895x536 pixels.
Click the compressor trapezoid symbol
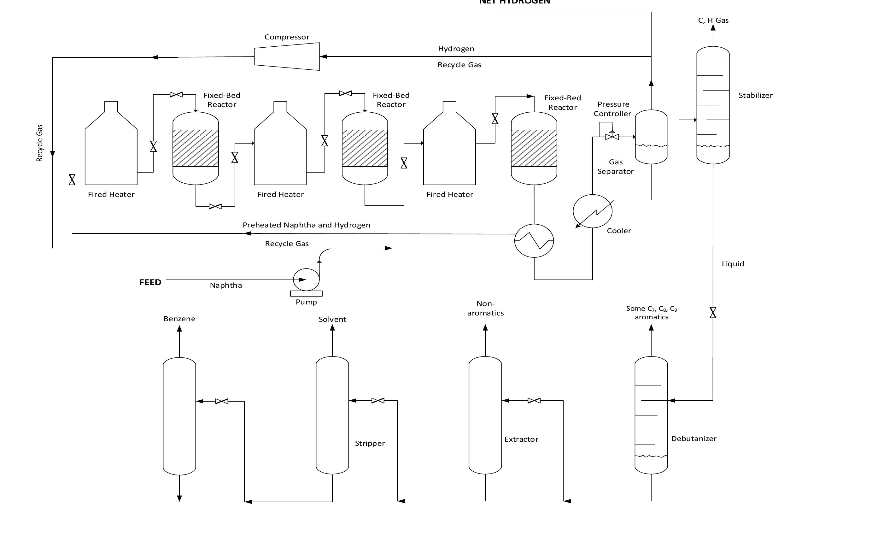(287, 57)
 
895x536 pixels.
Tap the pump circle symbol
(306, 279)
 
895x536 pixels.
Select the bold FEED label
(150, 282)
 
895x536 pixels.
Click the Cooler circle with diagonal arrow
(593, 211)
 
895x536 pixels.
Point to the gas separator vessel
(651, 137)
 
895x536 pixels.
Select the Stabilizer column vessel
(713, 105)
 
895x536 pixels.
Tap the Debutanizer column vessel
(651, 415)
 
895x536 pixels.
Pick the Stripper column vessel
(332, 415)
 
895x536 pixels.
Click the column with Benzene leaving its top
(179, 416)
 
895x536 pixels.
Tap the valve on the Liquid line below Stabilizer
(713, 312)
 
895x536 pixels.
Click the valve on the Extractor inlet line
(534, 401)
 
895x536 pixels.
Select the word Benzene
(179, 319)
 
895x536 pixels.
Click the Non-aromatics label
(485, 308)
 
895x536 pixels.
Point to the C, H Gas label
(713, 20)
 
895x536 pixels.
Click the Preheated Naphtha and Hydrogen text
(306, 225)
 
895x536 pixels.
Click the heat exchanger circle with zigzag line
(534, 240)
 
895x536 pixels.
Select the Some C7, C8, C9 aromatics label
(651, 312)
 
